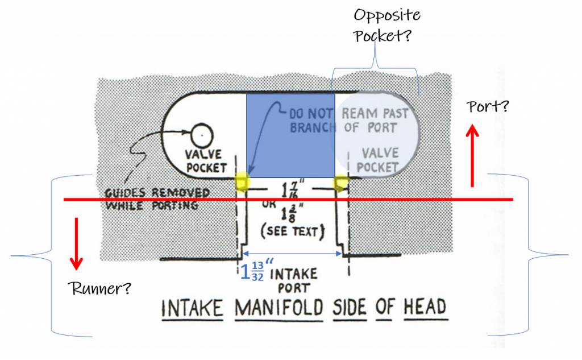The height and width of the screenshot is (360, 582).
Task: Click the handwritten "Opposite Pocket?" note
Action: click(386, 25)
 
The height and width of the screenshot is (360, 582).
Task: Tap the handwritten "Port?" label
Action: click(488, 107)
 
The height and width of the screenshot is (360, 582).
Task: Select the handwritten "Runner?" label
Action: click(99, 288)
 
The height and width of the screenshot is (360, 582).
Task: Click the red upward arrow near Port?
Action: click(472, 156)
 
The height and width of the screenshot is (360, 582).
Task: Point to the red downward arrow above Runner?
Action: click(77, 243)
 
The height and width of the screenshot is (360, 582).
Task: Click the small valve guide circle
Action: click(202, 135)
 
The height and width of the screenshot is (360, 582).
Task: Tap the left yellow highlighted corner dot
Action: click(242, 181)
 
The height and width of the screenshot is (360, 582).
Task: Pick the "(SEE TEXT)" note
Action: click(293, 231)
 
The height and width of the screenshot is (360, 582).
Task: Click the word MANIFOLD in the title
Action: click(278, 309)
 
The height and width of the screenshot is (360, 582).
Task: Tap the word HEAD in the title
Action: click(425, 308)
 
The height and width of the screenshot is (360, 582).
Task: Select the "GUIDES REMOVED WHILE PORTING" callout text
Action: click(157, 199)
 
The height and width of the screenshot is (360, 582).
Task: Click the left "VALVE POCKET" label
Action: click(206, 162)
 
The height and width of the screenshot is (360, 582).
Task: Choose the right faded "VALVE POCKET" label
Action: click(378, 160)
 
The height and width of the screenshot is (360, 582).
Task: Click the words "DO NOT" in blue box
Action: click(311, 113)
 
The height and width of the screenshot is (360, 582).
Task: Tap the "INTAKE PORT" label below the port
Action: click(294, 281)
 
